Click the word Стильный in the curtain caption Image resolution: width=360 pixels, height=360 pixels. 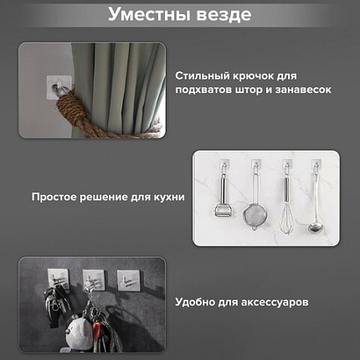click(x=201, y=76)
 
